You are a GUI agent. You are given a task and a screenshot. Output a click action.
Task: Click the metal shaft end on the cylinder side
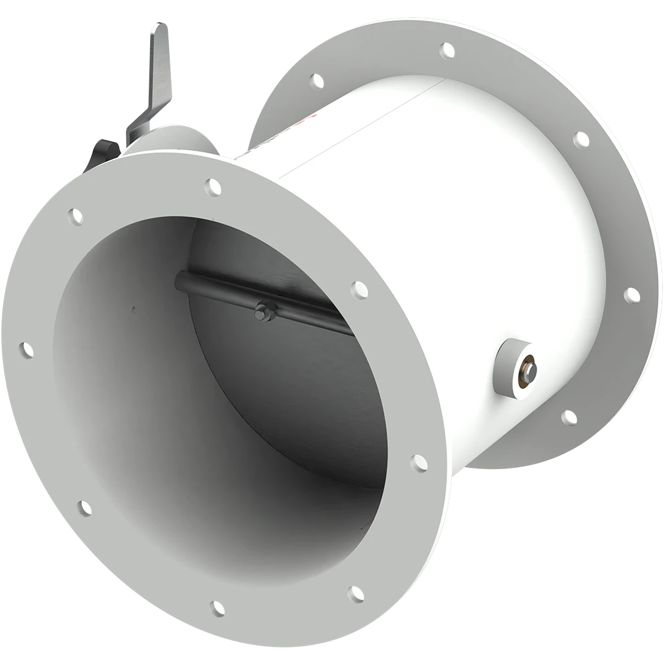tap(528, 370)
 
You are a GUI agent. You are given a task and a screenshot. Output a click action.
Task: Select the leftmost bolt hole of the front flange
tap(26, 350)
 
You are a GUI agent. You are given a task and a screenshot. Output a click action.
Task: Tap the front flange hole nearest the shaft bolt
tap(358, 289)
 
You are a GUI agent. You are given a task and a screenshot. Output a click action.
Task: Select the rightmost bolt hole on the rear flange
tap(631, 296)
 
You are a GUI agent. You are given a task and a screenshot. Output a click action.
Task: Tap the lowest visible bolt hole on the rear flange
tap(569, 418)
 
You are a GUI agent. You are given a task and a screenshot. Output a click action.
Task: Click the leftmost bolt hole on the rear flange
tap(316, 81)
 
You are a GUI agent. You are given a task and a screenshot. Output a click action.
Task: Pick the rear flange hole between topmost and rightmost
tap(580, 140)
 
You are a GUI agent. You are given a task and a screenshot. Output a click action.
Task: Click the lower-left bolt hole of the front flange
tap(84, 508)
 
